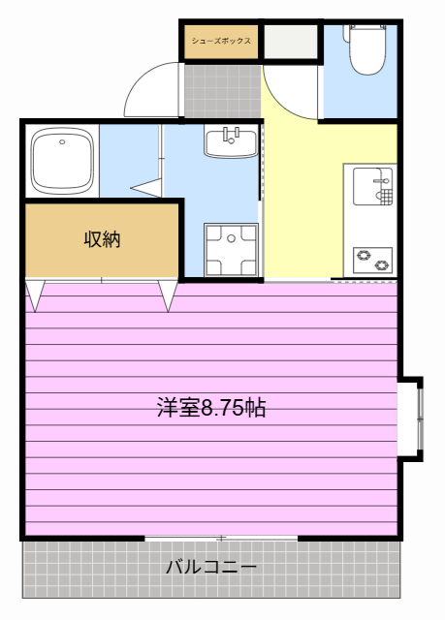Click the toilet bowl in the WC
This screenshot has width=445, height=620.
point(367,55)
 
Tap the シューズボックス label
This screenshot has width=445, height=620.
point(221,41)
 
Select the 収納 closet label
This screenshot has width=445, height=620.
point(102,239)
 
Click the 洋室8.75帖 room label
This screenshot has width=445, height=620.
point(211,408)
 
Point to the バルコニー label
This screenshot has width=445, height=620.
point(210,568)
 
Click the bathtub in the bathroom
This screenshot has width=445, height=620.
point(62,161)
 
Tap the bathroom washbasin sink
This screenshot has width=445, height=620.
point(232,142)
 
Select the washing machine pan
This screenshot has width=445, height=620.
point(232,249)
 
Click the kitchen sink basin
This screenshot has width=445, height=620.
point(372,186)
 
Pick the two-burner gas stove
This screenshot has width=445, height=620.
point(372,261)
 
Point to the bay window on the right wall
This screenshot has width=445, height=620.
point(411,419)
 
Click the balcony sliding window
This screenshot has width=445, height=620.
point(221,539)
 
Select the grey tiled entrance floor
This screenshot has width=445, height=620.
point(222,91)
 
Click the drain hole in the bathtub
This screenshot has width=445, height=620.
point(62,142)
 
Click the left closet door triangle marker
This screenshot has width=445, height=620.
point(35,295)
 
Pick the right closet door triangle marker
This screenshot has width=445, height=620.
point(168,295)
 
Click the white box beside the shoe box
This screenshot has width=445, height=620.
point(291,42)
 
